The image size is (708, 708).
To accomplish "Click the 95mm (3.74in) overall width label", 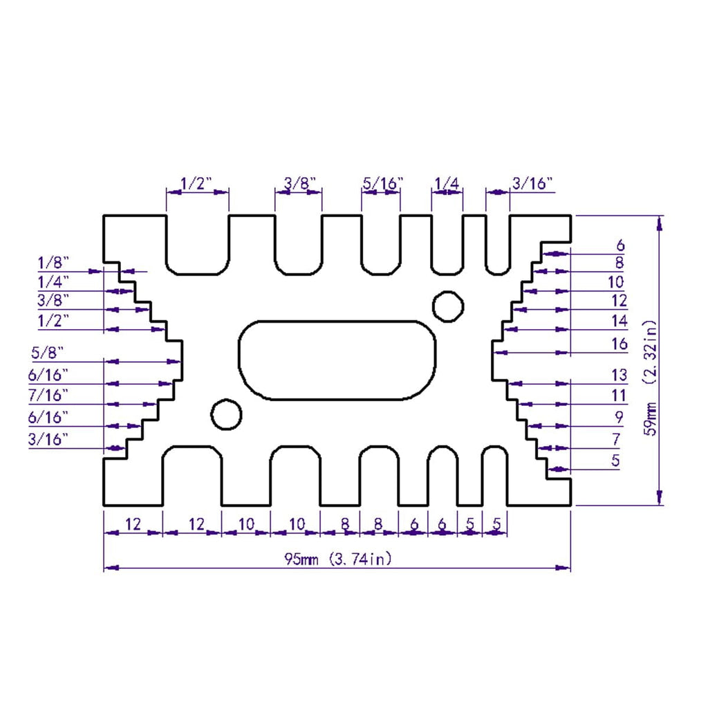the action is [337, 559].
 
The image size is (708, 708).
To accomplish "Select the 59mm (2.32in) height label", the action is [651, 378].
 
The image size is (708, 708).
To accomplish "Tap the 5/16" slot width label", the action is [382, 183].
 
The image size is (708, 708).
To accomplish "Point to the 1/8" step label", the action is [53, 262].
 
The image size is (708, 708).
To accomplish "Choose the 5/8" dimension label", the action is [48, 352].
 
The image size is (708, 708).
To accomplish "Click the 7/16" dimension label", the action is [48, 395].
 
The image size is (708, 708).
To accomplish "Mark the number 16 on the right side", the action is [619, 344].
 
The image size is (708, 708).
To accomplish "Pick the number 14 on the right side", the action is [619, 321].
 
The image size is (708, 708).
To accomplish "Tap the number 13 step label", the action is [619, 375].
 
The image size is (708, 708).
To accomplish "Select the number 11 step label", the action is [619, 395].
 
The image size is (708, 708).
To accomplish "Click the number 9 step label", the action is [619, 417].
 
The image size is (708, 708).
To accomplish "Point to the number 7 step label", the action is [616, 438].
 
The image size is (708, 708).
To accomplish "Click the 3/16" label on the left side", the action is [48, 439].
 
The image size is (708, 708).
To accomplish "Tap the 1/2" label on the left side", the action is [53, 321].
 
